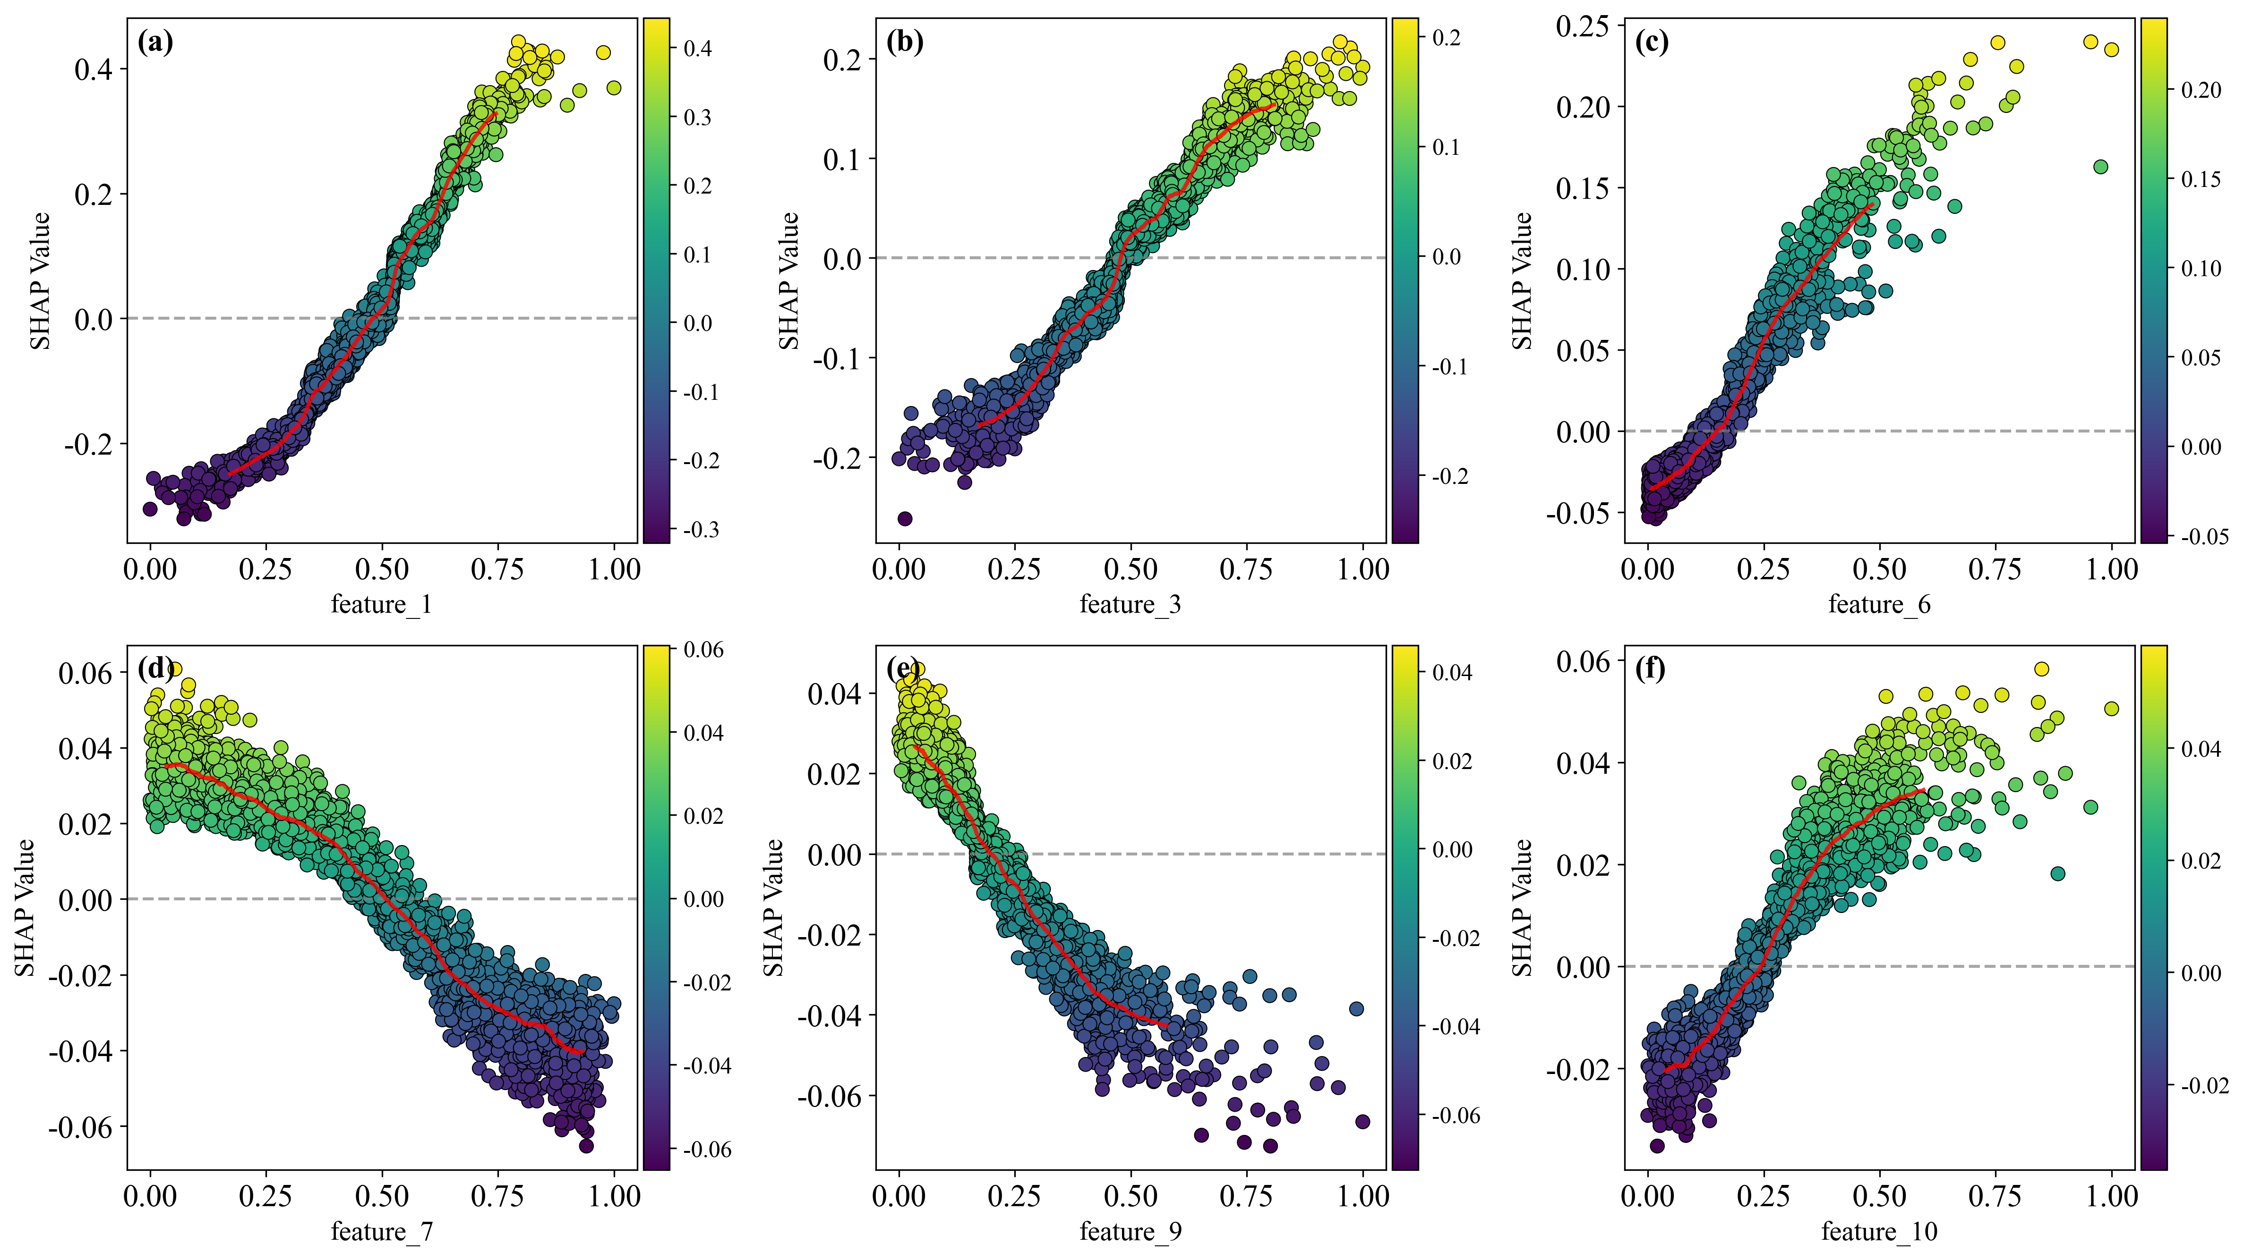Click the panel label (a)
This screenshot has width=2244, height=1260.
155,42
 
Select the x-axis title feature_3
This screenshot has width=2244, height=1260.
1130,604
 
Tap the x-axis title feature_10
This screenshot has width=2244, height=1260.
1879,1231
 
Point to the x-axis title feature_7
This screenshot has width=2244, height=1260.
382,1231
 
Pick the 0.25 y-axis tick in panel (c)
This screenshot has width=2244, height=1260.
1582,26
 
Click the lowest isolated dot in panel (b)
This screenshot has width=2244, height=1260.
905,519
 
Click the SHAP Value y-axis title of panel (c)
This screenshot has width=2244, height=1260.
1521,280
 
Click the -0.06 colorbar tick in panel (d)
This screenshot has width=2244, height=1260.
706,1150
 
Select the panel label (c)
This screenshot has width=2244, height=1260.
1652,42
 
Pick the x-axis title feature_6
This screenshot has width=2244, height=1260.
1879,604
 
